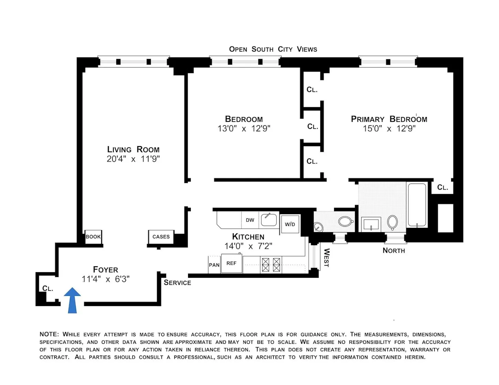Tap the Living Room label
[133, 149]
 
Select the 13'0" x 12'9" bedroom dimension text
[244, 128]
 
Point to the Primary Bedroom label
[389, 119]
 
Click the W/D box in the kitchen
[290, 224]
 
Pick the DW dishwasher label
[250, 220]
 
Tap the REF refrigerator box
[231, 263]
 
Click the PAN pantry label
[214, 265]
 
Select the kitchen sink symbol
[269, 220]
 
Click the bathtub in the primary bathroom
[417, 205]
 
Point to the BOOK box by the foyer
[93, 237]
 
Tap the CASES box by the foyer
[161, 237]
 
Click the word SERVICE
[177, 283]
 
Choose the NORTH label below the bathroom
[393, 251]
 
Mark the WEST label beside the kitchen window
[326, 258]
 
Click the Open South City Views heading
[273, 49]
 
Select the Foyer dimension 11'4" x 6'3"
[105, 279]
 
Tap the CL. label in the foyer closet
[48, 289]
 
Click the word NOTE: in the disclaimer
[49, 334]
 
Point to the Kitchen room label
[248, 236]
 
